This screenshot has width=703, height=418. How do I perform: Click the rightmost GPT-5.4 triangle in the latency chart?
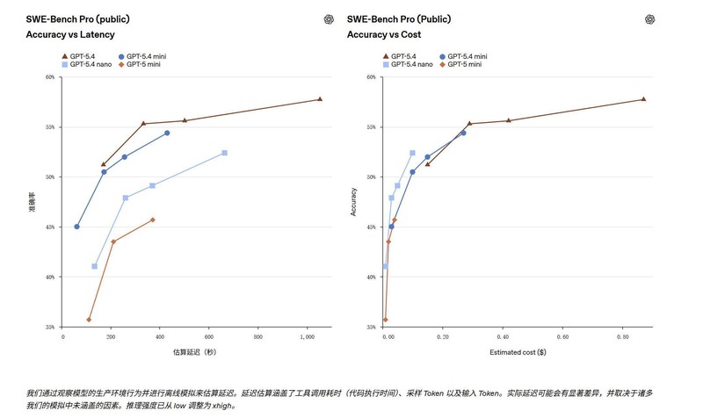tap(319, 99)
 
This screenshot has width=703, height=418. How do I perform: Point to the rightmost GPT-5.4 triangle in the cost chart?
tap(643, 99)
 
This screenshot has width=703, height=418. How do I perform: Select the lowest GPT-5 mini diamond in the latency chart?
tap(89, 320)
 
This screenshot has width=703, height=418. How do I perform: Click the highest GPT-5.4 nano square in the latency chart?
tap(224, 153)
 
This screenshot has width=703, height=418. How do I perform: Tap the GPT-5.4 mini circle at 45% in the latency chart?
tap(76, 227)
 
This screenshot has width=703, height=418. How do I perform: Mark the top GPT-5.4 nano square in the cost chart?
tap(412, 153)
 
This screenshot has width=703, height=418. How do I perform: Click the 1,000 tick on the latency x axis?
tap(307, 337)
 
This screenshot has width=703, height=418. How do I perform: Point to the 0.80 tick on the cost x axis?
tap(621, 337)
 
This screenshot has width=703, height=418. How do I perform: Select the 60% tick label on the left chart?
tap(49, 77)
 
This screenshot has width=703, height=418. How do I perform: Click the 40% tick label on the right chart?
tap(372, 277)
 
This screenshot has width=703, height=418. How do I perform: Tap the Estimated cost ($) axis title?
tap(518, 353)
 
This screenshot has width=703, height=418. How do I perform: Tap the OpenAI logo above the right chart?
tap(650, 19)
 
